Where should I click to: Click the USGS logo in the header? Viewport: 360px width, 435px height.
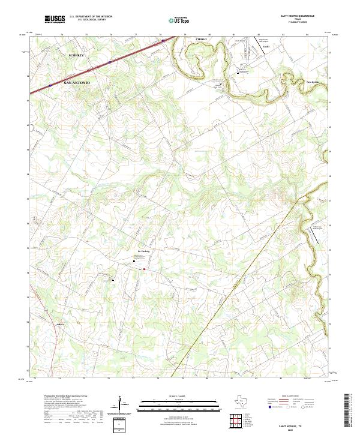[x=55, y=20]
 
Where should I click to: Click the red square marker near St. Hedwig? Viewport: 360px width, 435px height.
[x=144, y=269]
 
